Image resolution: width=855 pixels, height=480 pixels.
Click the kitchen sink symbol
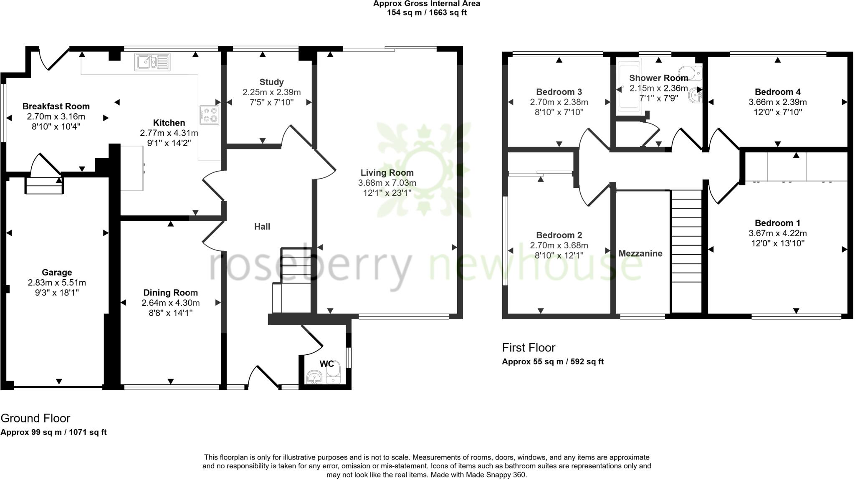coord(152,62)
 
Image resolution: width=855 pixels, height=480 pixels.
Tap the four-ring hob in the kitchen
coord(210,115)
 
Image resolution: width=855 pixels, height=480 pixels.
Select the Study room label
coord(271,82)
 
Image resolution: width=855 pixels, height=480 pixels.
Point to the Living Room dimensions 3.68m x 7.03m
coord(387,183)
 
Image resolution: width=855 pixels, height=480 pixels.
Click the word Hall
coord(262,227)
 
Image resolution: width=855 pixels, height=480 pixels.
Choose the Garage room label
coord(57,273)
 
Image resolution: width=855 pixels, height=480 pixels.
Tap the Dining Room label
coord(170,293)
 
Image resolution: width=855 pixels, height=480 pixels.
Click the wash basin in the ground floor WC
coord(314,377)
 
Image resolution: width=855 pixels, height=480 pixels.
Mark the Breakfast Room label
coord(56,106)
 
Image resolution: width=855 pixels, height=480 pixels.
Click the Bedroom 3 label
coord(559,92)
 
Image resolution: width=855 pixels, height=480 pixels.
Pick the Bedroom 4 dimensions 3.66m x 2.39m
coord(777,102)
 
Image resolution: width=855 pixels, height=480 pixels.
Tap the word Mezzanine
coord(640,253)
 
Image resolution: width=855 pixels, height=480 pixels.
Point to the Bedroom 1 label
coord(777,223)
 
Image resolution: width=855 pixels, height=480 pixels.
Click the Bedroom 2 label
coord(559,235)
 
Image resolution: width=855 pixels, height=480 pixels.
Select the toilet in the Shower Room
coord(691,73)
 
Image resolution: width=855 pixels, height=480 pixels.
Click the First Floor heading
coord(529,347)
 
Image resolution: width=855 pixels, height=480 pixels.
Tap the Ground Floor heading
coord(35,418)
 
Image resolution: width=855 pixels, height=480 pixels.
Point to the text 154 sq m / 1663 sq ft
coord(426,13)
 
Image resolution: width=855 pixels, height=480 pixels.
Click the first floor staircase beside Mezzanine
coord(686,250)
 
